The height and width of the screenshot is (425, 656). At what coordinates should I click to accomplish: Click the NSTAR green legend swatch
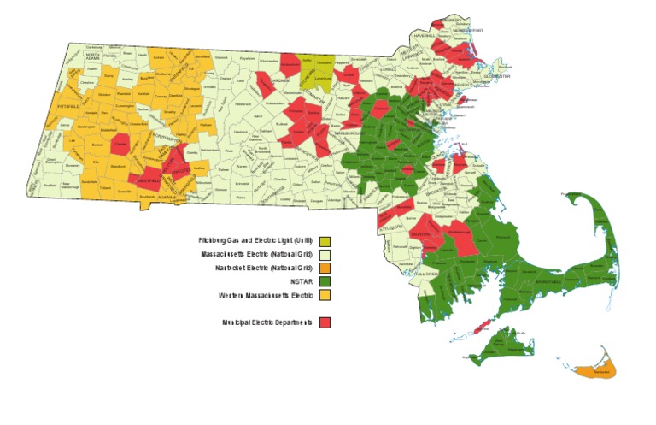tap(325, 281)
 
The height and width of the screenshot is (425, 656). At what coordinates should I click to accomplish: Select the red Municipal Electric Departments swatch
tap(325, 322)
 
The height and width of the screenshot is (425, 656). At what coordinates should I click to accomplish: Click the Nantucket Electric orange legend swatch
tap(325, 268)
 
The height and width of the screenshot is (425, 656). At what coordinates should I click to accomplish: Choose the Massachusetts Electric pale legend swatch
tap(325, 254)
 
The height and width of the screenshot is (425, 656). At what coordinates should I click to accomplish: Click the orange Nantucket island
tap(595, 372)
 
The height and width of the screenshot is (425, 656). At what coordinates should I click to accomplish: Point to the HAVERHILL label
tap(425, 37)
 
